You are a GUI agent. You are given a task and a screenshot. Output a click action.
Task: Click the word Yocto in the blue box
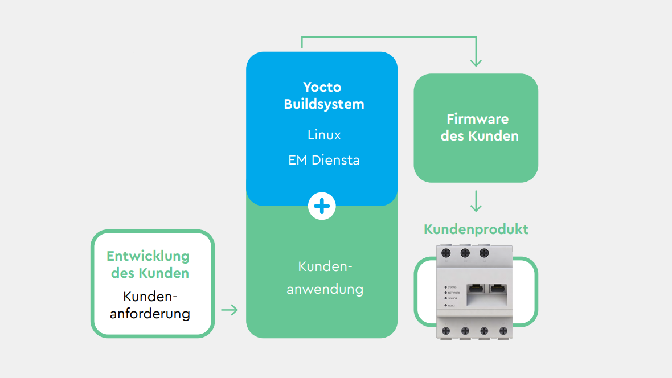tap(322, 87)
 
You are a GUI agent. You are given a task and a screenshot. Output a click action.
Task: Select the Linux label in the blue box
tap(324, 135)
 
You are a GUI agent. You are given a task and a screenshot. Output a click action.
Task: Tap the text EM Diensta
tap(324, 160)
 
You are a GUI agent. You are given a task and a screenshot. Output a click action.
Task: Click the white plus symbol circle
tap(322, 207)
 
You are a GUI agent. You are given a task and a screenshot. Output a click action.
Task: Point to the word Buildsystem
tap(324, 104)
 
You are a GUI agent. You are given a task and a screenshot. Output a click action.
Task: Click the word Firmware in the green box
tap(477, 119)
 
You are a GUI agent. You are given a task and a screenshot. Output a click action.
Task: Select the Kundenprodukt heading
tap(476, 229)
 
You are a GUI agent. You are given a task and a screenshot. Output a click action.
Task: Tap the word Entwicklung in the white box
tap(148, 256)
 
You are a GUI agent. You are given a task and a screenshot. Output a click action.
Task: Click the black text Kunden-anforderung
tap(150, 305)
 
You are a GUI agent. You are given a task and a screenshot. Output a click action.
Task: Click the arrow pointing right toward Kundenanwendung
tap(230, 310)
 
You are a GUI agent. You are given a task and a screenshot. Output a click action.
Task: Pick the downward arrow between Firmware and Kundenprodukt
tap(476, 202)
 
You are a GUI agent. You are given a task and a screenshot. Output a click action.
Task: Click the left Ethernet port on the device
tap(474, 289)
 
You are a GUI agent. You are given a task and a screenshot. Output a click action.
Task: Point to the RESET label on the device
tap(452, 306)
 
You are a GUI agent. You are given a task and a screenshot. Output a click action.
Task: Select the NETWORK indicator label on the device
tap(453, 293)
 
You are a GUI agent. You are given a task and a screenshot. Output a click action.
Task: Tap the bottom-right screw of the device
tap(503, 330)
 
